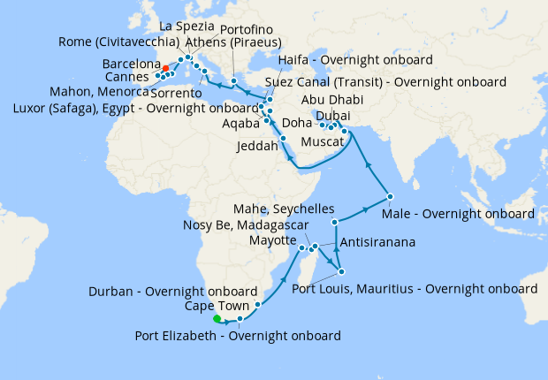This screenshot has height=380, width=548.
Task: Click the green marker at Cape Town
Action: pos(215,318)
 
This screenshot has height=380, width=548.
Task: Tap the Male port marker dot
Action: pos(389,195)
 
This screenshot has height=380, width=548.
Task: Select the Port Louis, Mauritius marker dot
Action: pos(341,271)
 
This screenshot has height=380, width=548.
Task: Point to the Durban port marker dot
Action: pos(257,305)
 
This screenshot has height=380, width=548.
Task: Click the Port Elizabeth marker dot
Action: pos(240,318)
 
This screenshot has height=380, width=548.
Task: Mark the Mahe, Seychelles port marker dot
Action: pos(335,222)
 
